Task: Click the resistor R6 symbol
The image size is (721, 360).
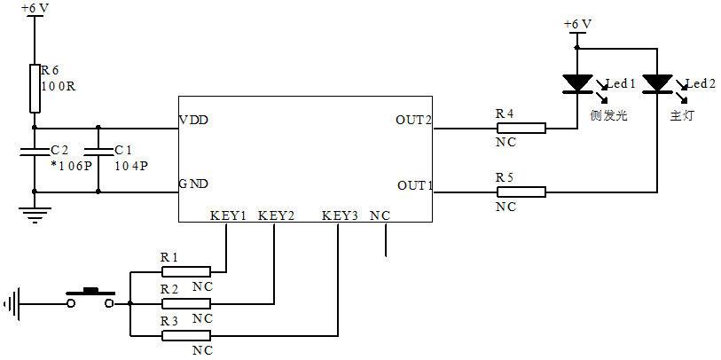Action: (35, 88)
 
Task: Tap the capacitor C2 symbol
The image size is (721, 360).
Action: (35, 153)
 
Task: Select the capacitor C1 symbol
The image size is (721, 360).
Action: (98, 153)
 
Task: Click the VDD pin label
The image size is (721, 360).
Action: (193, 120)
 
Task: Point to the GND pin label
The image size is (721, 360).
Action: (193, 184)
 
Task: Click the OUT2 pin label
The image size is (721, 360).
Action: (413, 120)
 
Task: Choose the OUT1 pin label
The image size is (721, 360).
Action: (413, 185)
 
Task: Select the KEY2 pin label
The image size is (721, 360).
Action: (276, 215)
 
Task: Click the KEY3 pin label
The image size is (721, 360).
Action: (340, 215)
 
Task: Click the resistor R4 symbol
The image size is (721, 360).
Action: (521, 128)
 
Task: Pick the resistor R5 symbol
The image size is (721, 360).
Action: (521, 192)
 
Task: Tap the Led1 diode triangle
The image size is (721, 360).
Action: (577, 83)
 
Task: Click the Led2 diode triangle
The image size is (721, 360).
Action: (657, 83)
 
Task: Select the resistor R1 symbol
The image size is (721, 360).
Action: (185, 270)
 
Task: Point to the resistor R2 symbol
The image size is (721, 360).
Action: (185, 302)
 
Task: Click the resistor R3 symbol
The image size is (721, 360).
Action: (185, 335)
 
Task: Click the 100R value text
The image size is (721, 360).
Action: (58, 86)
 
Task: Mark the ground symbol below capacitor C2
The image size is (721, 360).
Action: (35, 214)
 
